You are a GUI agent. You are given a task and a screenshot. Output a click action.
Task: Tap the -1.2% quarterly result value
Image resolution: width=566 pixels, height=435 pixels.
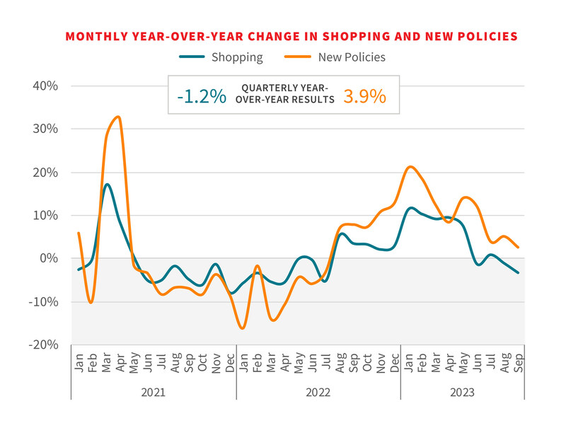(x=202, y=95)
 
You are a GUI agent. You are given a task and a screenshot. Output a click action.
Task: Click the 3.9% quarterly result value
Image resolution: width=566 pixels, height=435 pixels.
(x=365, y=95)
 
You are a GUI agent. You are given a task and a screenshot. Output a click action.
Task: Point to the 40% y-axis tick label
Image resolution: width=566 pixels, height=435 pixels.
(x=44, y=86)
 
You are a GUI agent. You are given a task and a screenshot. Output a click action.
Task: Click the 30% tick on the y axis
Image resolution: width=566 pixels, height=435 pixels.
(x=44, y=129)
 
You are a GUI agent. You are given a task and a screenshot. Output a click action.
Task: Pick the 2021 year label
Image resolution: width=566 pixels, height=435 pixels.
(x=154, y=392)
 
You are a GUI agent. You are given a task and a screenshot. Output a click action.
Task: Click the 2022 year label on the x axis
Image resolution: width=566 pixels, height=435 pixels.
(x=318, y=392)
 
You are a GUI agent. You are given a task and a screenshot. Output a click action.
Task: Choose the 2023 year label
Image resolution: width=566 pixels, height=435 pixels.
(x=462, y=392)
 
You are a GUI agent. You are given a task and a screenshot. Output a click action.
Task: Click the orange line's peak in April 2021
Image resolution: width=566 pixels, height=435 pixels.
(x=118, y=117)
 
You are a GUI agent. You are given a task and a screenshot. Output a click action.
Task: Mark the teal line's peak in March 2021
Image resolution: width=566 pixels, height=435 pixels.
(x=106, y=185)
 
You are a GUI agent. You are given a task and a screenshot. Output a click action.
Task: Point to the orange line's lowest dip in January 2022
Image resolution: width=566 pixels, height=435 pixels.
(x=243, y=328)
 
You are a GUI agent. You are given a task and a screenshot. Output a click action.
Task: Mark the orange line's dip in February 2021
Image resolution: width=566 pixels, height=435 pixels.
(x=91, y=303)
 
